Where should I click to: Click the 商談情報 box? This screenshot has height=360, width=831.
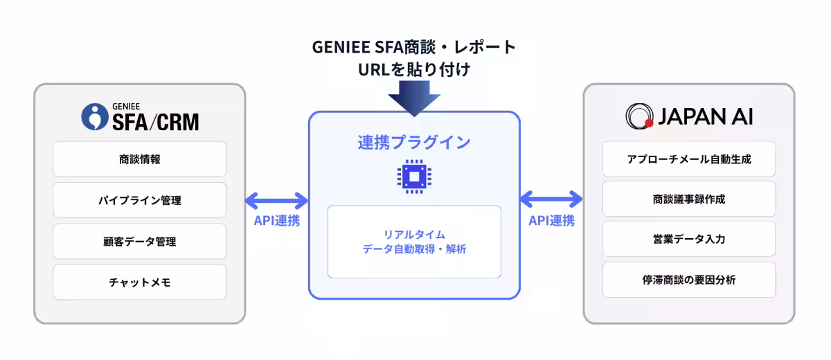point(139,159)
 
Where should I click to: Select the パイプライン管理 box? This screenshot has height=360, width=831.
point(139,200)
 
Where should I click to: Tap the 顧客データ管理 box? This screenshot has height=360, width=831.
point(139,241)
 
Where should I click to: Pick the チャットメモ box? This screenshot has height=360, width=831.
point(139,282)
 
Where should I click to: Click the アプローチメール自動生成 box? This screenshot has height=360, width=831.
point(688,159)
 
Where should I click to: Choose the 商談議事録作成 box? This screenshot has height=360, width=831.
point(688,199)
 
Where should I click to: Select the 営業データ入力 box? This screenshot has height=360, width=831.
point(688,240)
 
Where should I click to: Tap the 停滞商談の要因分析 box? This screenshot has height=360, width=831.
point(688,280)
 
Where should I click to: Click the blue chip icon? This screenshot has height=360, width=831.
point(413,177)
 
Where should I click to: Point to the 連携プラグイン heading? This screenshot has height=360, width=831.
point(413,143)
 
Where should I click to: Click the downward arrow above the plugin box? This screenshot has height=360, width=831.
point(413,98)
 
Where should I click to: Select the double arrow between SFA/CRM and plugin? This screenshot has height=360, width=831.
point(276,201)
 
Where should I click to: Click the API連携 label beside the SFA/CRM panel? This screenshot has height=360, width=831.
point(276,222)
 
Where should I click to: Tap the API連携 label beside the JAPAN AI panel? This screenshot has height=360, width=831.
point(551,222)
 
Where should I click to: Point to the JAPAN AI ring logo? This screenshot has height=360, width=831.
point(638,116)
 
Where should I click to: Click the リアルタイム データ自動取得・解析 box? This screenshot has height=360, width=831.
point(414,242)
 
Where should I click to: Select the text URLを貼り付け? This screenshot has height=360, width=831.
point(413,70)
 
